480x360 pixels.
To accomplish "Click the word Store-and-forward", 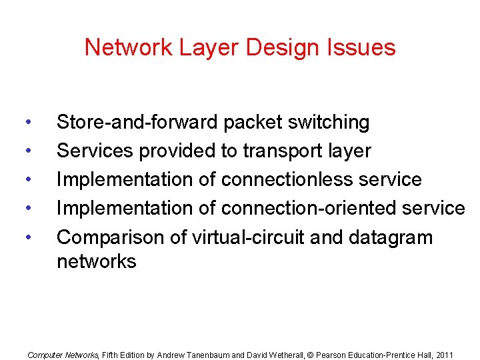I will pyautogui.click(x=137, y=123).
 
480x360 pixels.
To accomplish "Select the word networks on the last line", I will pyautogui.click(x=96, y=261).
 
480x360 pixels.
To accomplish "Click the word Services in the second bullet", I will pyautogui.click(x=95, y=151).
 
